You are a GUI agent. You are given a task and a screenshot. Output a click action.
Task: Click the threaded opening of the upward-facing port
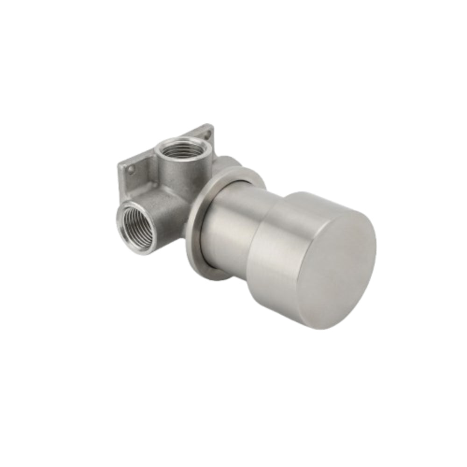180,150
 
